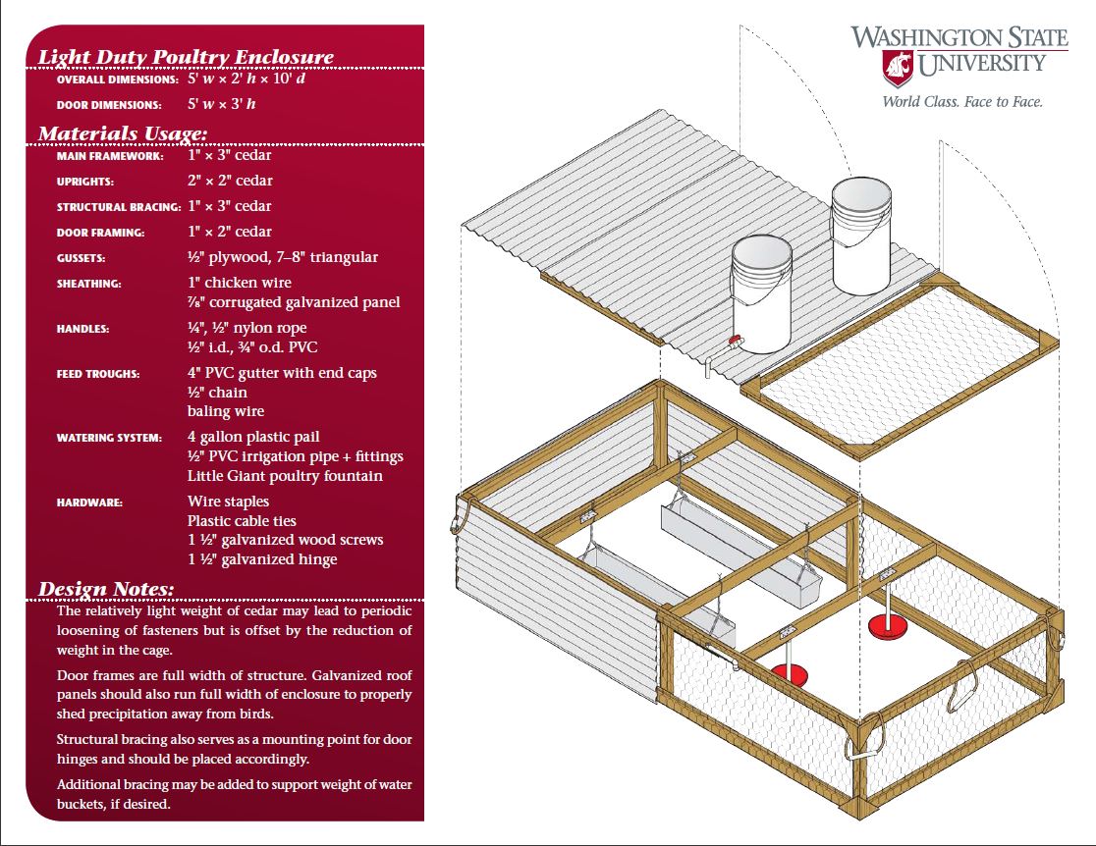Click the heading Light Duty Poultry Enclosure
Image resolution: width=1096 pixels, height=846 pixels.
[x=186, y=56]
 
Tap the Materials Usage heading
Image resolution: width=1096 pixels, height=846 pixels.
[x=123, y=132]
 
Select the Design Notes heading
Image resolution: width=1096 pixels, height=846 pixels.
[x=106, y=589]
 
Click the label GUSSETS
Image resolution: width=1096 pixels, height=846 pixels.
[x=83, y=258]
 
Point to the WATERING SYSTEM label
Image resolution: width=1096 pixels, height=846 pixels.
[x=109, y=438]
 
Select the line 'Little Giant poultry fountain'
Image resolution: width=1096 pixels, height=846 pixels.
[x=285, y=476]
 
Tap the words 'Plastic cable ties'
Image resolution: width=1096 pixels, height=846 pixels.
[x=242, y=521]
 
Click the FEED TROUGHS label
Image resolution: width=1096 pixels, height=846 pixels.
[x=98, y=374]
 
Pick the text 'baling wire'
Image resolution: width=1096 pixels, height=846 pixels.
[x=226, y=411]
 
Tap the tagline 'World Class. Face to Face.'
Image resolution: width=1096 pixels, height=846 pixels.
[x=961, y=101]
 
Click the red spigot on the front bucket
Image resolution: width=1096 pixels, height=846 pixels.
[x=733, y=343]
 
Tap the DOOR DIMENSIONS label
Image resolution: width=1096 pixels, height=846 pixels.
[x=109, y=105]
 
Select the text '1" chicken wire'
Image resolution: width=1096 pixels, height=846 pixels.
[x=240, y=283]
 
